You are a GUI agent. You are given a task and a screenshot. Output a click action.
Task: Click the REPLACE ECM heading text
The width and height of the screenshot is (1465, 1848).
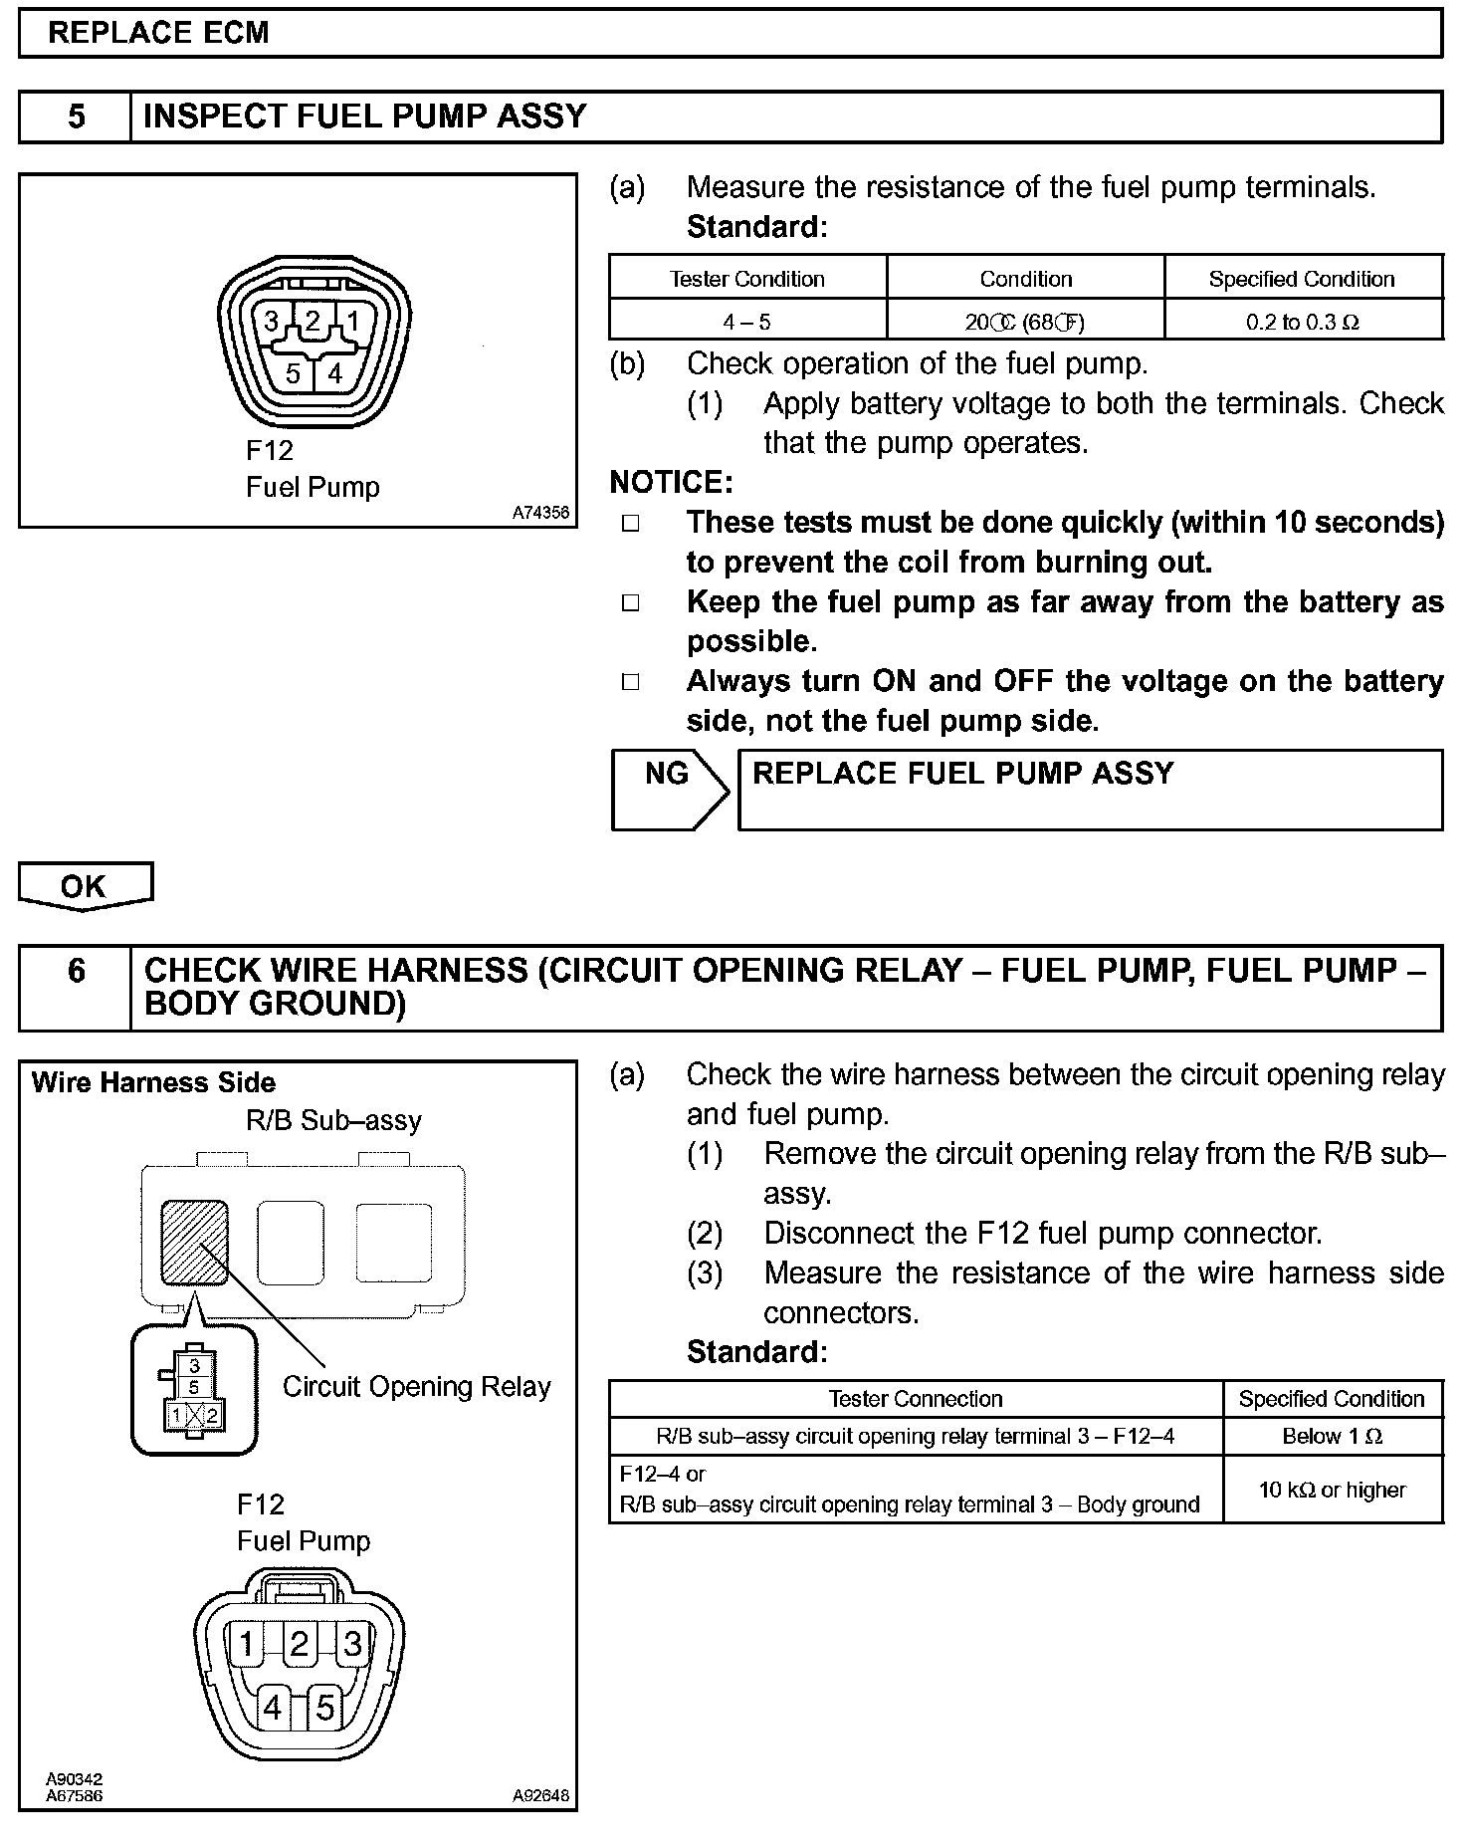(x=158, y=33)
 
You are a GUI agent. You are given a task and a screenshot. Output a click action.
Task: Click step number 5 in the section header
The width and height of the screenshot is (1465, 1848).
(x=77, y=116)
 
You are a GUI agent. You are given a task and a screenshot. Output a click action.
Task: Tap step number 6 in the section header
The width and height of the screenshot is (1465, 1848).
(x=77, y=971)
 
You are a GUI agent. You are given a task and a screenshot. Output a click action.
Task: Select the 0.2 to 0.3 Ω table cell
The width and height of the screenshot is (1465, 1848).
(x=1303, y=322)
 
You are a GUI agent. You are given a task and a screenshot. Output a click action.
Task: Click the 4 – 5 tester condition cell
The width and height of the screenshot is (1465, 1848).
(x=746, y=322)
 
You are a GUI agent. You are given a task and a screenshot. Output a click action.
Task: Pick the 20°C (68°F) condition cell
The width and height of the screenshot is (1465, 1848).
(x=1025, y=322)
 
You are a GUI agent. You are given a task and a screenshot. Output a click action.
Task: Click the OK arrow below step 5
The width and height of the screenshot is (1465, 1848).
(x=84, y=885)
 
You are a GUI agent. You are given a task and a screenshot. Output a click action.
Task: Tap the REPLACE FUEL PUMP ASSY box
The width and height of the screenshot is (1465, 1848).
(x=1089, y=789)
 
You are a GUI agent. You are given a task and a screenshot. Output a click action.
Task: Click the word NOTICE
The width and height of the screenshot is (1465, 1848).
(x=671, y=483)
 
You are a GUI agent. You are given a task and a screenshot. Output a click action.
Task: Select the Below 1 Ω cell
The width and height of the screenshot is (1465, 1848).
(x=1332, y=1436)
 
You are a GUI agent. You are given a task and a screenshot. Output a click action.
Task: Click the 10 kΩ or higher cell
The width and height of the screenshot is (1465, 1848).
(x=1332, y=1490)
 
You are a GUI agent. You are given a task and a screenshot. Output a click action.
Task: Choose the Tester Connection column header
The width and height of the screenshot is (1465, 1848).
(x=915, y=1399)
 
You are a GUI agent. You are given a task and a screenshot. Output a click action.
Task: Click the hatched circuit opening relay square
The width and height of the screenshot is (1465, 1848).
(x=195, y=1242)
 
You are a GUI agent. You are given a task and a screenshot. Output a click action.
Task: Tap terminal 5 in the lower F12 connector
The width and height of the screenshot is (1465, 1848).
(x=324, y=1709)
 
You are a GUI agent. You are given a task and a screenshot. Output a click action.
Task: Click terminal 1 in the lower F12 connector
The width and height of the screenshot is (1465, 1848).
(x=246, y=1644)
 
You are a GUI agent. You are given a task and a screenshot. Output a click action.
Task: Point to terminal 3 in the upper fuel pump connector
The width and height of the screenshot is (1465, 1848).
(x=271, y=321)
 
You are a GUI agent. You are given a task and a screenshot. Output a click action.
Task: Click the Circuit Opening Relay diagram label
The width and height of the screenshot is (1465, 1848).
(x=416, y=1387)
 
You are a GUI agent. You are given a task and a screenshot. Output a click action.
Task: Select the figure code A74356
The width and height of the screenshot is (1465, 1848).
(x=540, y=513)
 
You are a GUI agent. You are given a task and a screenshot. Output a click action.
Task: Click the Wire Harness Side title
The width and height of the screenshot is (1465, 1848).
(x=153, y=1082)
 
